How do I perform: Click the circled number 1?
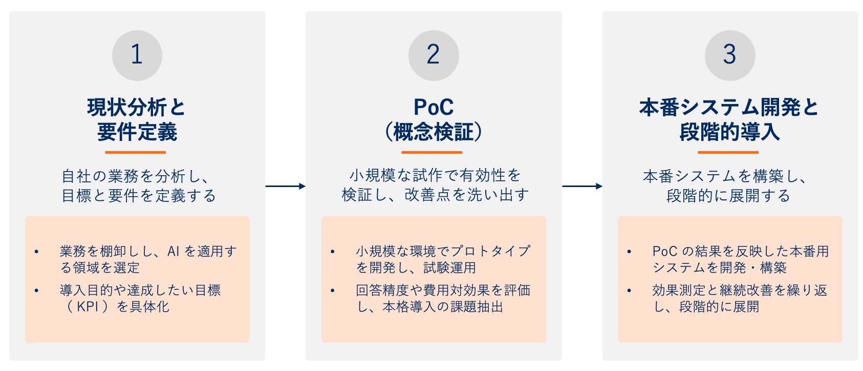coord(137,55)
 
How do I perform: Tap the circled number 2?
coord(433,55)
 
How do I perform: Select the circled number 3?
coord(729,55)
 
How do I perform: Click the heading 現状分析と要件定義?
coord(137,119)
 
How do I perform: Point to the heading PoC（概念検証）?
coord(433,119)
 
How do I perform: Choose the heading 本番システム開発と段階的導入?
coord(729,119)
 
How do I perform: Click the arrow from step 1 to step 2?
coord(285,186)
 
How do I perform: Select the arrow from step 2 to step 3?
coord(582,186)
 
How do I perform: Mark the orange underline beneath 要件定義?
coord(135,152)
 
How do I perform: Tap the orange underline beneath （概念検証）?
coord(431,152)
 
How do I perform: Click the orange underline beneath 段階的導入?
coord(728,152)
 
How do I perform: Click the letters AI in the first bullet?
coord(174,252)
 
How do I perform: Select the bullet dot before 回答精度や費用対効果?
coord(333,291)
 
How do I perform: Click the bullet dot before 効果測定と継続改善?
coord(629,291)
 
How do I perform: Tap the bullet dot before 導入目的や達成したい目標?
coord(36,291)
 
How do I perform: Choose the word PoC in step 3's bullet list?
coord(664,252)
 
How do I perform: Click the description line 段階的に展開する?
coord(728,196)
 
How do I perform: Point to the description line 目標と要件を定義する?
coord(139,196)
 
